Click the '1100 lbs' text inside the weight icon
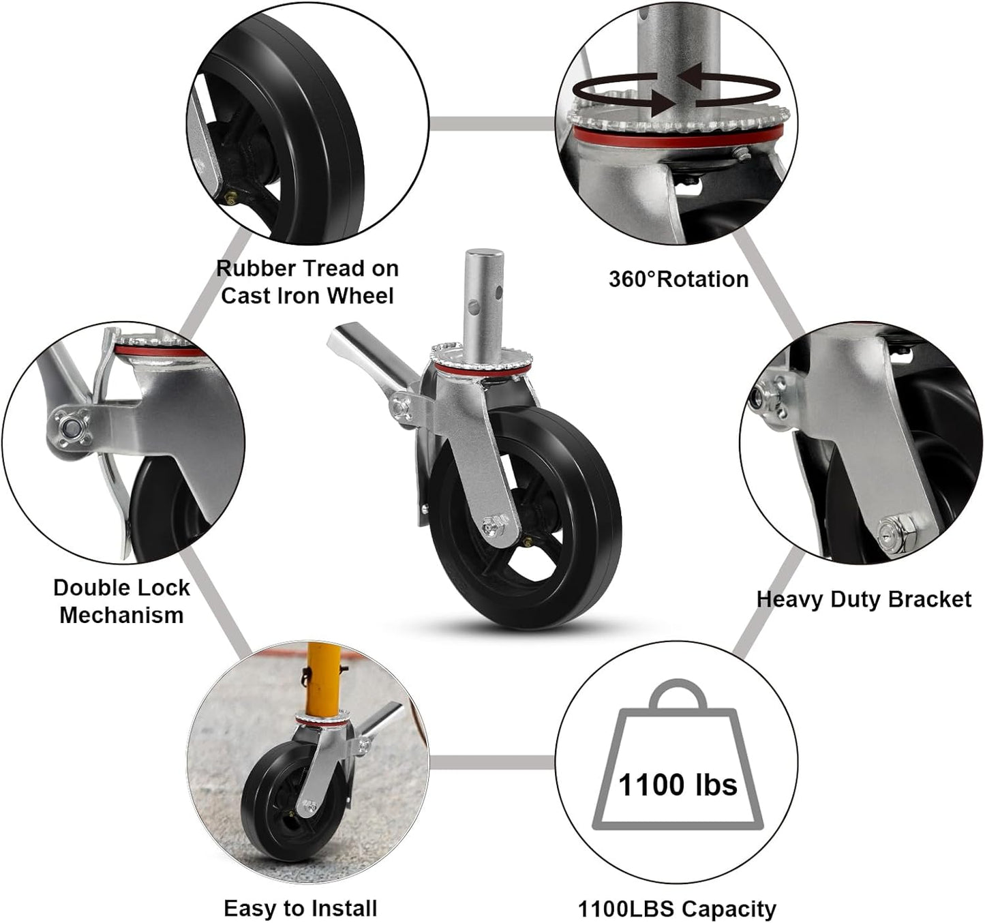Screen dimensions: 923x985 678,785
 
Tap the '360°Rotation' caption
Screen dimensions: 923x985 678,279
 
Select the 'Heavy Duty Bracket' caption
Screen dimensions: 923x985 864,599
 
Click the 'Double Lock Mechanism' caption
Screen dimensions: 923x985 121,601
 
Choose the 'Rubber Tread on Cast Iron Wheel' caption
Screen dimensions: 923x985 307,282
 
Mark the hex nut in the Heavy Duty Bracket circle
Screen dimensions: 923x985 891,530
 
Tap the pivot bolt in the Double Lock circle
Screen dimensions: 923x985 71,428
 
